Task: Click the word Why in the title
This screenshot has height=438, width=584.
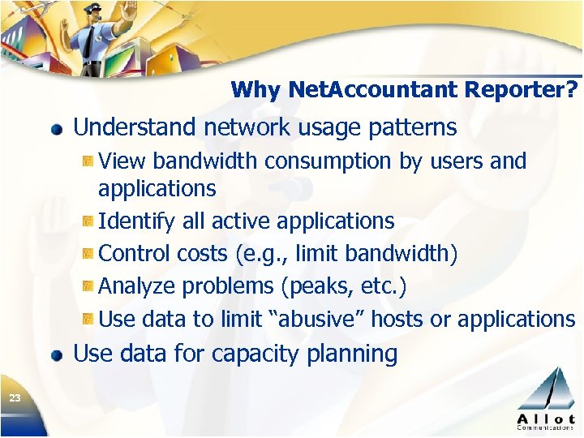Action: coord(255,89)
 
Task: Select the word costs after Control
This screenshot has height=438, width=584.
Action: coord(203,254)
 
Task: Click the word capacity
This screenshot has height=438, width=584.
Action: coord(254,354)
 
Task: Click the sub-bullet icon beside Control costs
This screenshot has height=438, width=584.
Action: coord(88,254)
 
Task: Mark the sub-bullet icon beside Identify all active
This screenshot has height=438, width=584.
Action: coord(88,221)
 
